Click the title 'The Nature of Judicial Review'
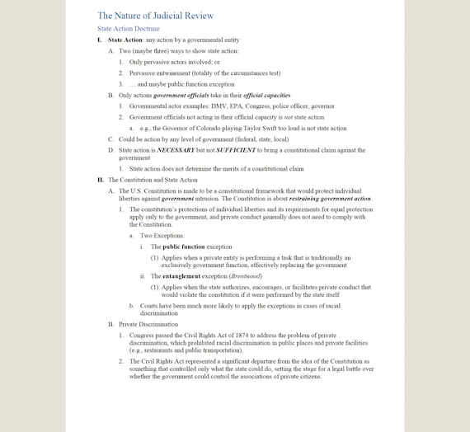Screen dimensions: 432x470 click(155, 15)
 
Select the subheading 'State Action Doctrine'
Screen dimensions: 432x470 click(128, 28)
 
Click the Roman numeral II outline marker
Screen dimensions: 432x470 click(100, 180)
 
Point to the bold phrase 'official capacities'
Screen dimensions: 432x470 click(243, 96)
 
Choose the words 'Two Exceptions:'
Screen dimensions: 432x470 click(161, 235)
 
